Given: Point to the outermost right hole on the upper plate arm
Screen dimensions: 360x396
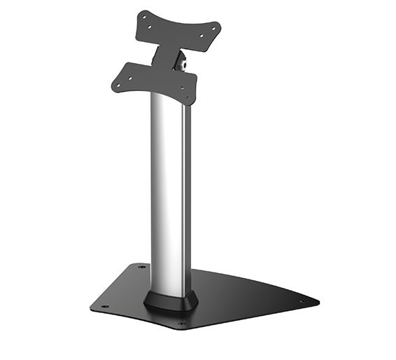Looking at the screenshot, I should [213, 29].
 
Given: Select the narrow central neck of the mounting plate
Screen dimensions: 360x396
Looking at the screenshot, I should [167, 55].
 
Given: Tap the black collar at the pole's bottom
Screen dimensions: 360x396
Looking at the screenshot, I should [170, 300].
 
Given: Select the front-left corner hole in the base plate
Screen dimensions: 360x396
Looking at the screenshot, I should [104, 307].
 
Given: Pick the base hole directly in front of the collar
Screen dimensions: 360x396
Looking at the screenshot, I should [182, 324].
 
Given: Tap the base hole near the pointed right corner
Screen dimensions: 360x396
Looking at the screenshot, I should [302, 302].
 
